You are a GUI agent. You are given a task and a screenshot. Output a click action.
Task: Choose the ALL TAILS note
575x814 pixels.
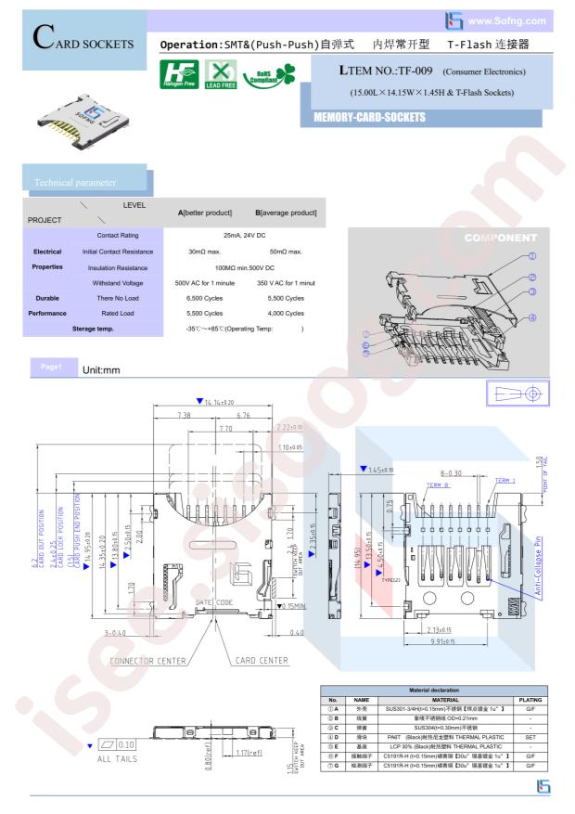coord(122,758)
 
